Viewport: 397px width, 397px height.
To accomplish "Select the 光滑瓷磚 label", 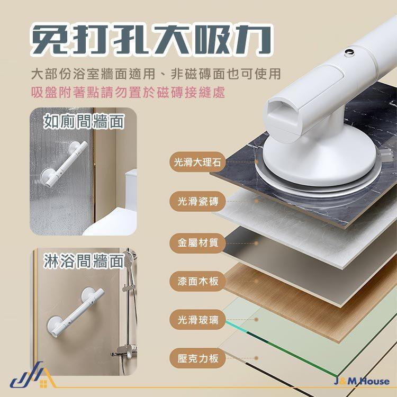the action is coord(197,202).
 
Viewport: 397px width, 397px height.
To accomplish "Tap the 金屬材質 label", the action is coord(197,243).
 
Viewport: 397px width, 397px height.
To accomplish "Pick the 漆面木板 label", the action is coord(197,281).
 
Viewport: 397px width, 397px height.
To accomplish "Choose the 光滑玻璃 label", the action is coord(197,320).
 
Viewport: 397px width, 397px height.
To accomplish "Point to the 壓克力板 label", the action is coord(197,358).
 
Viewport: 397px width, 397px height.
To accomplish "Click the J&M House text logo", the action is coord(362,381).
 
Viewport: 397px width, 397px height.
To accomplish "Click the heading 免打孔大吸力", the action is coord(151,40).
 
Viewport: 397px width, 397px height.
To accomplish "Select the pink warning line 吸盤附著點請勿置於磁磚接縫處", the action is coord(128,92).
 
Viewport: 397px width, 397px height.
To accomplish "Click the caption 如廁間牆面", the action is coord(84,122).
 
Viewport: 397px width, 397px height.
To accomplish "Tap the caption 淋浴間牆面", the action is coord(84,261).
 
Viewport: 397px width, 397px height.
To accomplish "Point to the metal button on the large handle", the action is coord(349,52).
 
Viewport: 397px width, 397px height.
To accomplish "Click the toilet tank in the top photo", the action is coord(131,189).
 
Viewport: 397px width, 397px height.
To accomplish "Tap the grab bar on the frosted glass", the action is coord(64,164).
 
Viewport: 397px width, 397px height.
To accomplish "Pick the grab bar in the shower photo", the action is coord(75,312).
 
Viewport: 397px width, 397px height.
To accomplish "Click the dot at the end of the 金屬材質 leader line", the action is coord(256,243).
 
